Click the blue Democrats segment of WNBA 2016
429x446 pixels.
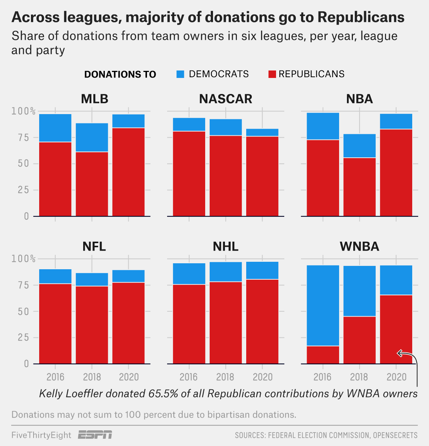click(x=323, y=305)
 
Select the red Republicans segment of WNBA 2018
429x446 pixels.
click(x=359, y=340)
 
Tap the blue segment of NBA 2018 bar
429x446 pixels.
click(x=359, y=146)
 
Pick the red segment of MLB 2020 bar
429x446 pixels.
click(x=128, y=172)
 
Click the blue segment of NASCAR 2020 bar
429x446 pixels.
click(x=262, y=132)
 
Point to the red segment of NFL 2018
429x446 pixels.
click(x=92, y=324)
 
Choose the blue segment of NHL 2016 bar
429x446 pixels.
click(x=189, y=274)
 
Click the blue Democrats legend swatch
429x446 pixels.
click(x=180, y=74)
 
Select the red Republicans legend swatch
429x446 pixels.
click(x=272, y=74)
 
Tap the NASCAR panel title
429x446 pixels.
click(x=225, y=99)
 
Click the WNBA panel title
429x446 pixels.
click(x=359, y=246)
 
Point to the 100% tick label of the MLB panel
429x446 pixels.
click(x=23, y=111)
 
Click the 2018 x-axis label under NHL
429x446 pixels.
click(x=225, y=377)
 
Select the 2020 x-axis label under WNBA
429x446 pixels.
click(x=396, y=377)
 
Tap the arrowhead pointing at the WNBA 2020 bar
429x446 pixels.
click(x=399, y=353)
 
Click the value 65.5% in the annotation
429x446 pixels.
click(x=163, y=394)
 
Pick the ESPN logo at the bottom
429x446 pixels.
click(x=95, y=435)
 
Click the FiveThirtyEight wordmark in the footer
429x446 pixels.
click(x=41, y=435)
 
